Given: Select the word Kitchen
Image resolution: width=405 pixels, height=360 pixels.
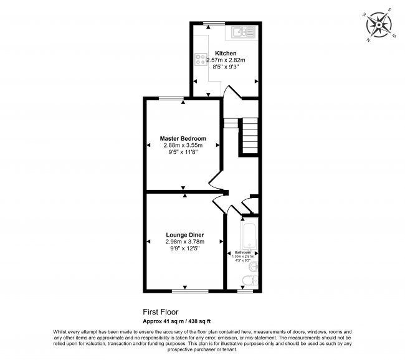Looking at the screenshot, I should pyautogui.click(x=226, y=53).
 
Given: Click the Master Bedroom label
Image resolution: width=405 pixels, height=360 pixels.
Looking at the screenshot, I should pyautogui.click(x=183, y=138).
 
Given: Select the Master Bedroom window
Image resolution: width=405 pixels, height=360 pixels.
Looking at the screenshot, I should pyautogui.click(x=171, y=98).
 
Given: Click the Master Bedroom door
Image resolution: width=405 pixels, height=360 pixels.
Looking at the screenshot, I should pyautogui.click(x=215, y=181).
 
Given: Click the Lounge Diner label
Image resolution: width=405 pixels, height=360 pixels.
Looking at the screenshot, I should pyautogui.click(x=184, y=235).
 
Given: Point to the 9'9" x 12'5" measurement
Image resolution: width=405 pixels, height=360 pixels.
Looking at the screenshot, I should pyautogui.click(x=184, y=249).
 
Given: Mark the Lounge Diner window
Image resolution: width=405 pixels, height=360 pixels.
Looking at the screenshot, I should pyautogui.click(x=190, y=290).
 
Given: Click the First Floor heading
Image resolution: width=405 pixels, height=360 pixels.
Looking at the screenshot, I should pyautogui.click(x=161, y=311).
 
